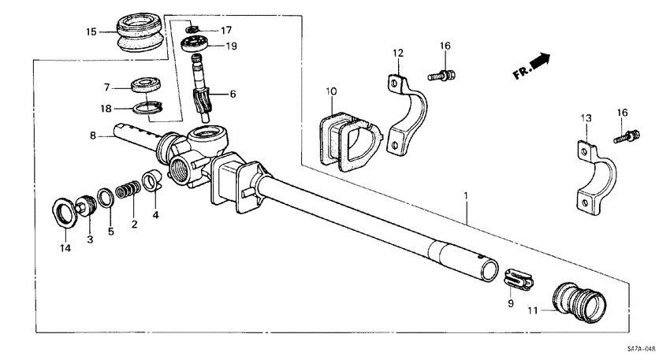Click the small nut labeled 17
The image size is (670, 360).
coord(202,30)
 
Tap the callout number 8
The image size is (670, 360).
coord(93,135)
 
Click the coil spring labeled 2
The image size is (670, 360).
coord(129,191)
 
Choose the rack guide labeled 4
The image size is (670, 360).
coord(154,180)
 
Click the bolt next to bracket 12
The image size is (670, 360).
coord(442,76)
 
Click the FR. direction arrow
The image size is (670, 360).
coord(530,66)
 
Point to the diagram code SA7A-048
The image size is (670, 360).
coord(644,349)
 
